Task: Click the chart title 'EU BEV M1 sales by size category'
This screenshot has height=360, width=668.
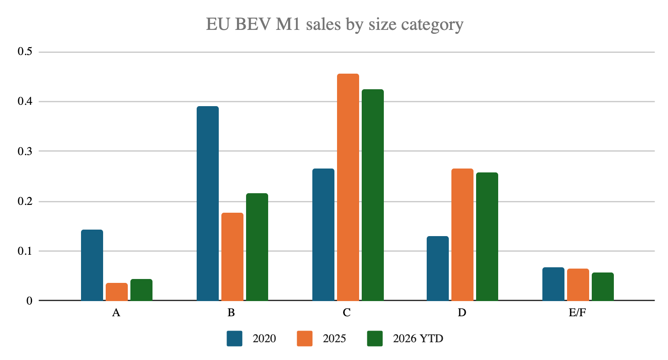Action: click(x=334, y=25)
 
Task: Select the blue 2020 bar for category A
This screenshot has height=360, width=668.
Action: click(x=92, y=265)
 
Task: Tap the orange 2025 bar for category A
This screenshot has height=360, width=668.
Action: click(x=117, y=292)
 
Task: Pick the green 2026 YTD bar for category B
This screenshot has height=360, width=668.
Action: click(x=257, y=247)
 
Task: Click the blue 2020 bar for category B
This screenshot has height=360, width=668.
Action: click(x=208, y=203)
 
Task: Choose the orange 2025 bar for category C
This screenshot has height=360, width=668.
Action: click(x=348, y=187)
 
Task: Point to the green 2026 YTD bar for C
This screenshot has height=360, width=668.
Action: click(x=373, y=195)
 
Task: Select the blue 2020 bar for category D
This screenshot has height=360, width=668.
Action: click(x=438, y=268)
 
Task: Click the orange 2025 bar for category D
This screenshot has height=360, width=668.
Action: click(x=462, y=234)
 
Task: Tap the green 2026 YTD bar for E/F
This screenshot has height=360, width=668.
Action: click(x=603, y=286)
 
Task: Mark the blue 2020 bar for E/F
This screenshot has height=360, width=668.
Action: click(x=553, y=284)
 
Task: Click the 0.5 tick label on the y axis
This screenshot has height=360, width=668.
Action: click(x=25, y=52)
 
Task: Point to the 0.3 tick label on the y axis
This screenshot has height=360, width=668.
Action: click(x=25, y=151)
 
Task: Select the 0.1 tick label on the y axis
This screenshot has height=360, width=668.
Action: click(x=25, y=251)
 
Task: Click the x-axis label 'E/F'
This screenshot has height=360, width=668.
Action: click(x=577, y=313)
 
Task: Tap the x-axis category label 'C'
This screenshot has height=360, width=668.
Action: click(x=347, y=313)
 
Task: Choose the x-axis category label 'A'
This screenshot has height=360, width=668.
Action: click(x=116, y=313)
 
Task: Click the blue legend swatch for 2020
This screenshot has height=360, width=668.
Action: click(x=234, y=339)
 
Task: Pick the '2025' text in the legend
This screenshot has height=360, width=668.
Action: click(x=334, y=339)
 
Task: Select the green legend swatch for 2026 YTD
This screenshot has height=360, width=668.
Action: click(x=375, y=339)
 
